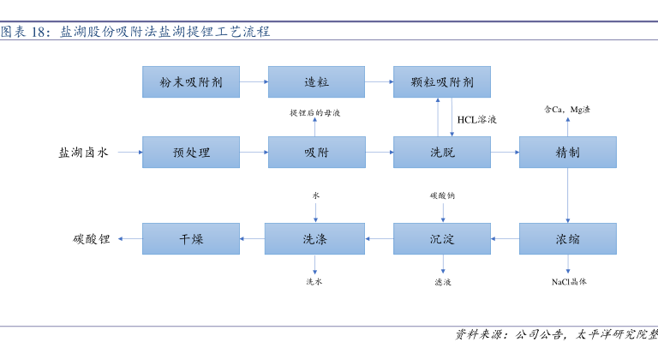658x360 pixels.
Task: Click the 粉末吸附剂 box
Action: (191, 82)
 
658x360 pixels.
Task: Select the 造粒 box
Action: (316, 82)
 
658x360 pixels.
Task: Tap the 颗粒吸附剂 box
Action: (442, 82)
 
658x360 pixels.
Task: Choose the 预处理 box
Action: (191, 152)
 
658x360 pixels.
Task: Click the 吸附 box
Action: (317, 152)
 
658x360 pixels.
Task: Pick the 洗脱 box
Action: (442, 152)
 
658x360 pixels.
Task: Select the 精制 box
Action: (568, 152)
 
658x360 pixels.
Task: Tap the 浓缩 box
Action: (568, 238)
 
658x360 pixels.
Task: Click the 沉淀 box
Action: (442, 238)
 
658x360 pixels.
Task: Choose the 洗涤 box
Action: (314, 238)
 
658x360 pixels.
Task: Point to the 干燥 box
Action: (191, 238)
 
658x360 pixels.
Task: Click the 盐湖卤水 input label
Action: (83, 152)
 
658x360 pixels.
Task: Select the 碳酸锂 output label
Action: (92, 239)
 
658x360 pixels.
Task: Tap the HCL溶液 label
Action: (476, 120)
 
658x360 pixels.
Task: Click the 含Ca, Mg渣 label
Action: (567, 110)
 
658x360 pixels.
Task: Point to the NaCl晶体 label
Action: (569, 282)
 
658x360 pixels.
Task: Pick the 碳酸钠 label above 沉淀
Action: (442, 195)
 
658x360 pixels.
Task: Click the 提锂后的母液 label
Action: (314, 112)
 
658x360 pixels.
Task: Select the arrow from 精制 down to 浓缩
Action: (568, 195)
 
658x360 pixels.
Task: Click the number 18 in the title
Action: (39, 32)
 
